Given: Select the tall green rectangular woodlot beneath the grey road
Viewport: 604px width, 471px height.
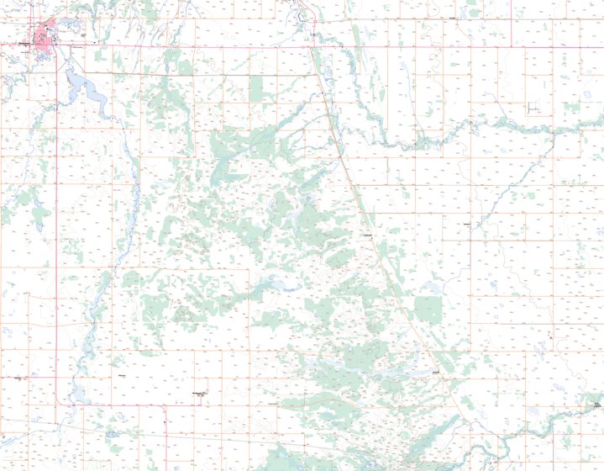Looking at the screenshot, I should coord(257,88).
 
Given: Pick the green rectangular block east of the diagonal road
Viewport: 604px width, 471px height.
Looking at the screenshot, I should coord(428,309).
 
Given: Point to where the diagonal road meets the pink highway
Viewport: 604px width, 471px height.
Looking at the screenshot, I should coord(312,46).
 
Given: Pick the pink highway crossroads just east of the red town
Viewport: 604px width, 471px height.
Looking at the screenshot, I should coord(56,46).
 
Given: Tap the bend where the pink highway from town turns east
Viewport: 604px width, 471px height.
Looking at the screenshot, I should coord(57,403).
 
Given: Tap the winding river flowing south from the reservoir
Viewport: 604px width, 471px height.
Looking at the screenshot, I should coord(126,193).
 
